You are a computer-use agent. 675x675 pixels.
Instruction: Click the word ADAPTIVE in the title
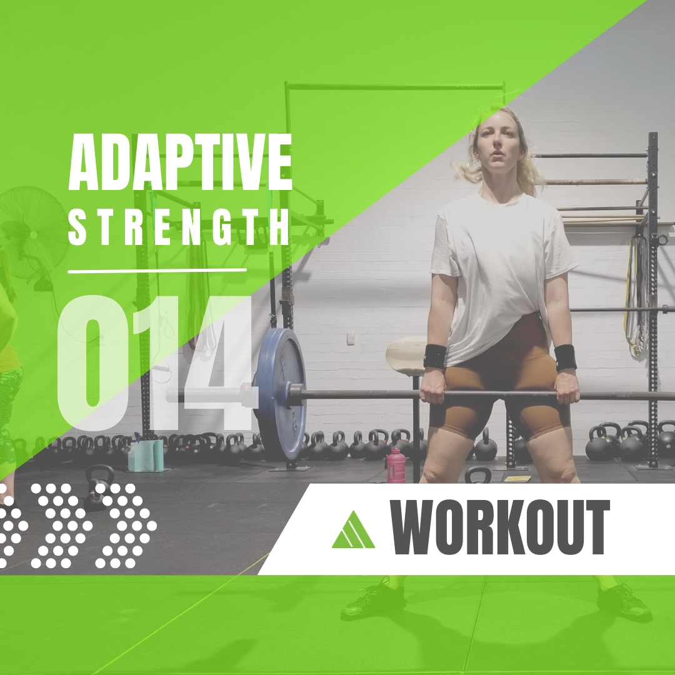point(181,162)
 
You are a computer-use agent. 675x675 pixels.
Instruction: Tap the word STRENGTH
point(179,227)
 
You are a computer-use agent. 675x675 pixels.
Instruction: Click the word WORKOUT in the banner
point(499,527)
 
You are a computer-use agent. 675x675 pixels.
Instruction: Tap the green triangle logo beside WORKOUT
point(353,530)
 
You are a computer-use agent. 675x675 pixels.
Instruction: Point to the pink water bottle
point(396,466)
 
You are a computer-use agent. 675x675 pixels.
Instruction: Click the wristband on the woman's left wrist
point(565,357)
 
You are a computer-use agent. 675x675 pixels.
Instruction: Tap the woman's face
point(499,144)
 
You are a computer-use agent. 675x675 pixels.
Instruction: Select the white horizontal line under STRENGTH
point(157,271)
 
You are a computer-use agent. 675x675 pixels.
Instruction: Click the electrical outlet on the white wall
point(351,338)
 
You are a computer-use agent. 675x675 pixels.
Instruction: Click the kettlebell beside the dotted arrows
point(99,486)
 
